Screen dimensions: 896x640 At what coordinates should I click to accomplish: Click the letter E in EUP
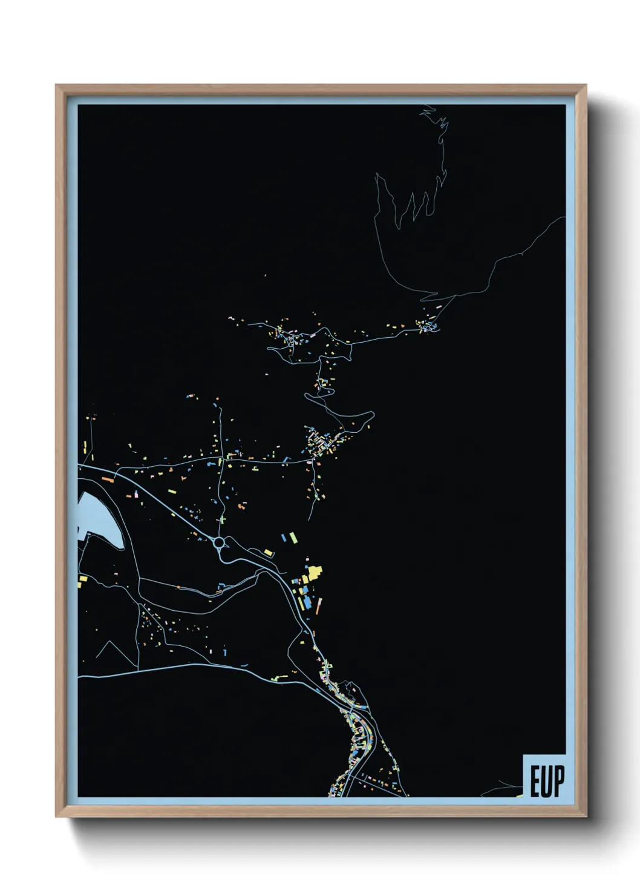click(535, 782)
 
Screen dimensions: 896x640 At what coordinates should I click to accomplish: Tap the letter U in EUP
click(547, 782)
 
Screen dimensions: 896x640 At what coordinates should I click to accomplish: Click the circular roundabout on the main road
click(219, 543)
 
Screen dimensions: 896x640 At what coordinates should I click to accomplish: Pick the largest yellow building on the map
click(313, 573)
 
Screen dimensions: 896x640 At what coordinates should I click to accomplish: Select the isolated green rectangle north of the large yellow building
click(293, 536)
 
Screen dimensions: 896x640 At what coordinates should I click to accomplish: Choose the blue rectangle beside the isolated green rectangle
click(284, 536)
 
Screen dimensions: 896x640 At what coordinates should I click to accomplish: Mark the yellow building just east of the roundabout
click(268, 552)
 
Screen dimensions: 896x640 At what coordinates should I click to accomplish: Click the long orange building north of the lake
click(108, 479)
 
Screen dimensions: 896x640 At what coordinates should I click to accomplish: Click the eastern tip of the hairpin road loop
click(373, 415)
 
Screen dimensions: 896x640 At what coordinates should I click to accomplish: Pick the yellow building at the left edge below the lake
click(81, 582)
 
